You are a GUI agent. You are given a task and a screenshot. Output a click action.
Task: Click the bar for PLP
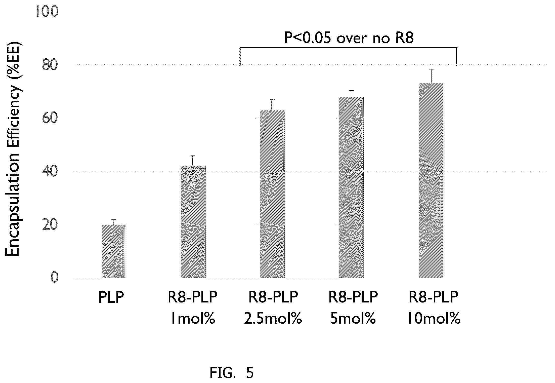[113, 251]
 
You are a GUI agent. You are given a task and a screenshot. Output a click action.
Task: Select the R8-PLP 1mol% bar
[193, 222]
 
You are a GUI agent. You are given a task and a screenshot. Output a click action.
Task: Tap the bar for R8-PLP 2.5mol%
[272, 194]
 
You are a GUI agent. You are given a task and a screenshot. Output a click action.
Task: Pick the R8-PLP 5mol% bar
[351, 187]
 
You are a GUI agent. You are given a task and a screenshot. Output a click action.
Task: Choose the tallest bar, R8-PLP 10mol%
[431, 180]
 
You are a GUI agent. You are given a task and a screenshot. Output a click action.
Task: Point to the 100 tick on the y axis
[47, 12]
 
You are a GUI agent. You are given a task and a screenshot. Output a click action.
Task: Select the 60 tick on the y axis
[50, 118]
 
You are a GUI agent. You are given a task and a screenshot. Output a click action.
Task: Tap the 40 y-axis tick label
[50, 172]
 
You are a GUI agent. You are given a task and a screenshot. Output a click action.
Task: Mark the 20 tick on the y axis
[50, 225]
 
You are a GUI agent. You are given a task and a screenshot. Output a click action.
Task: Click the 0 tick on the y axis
[54, 278]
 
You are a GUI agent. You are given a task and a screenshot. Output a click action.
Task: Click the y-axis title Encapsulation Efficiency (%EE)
[13, 150]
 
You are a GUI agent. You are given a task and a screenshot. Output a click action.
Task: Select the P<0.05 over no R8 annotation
[349, 38]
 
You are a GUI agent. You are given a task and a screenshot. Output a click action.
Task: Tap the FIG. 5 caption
[232, 373]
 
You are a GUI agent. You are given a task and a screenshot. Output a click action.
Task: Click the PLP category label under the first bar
[111, 298]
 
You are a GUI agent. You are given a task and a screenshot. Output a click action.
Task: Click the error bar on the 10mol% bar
[431, 76]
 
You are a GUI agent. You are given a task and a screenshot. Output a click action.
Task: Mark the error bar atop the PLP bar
[114, 222]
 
